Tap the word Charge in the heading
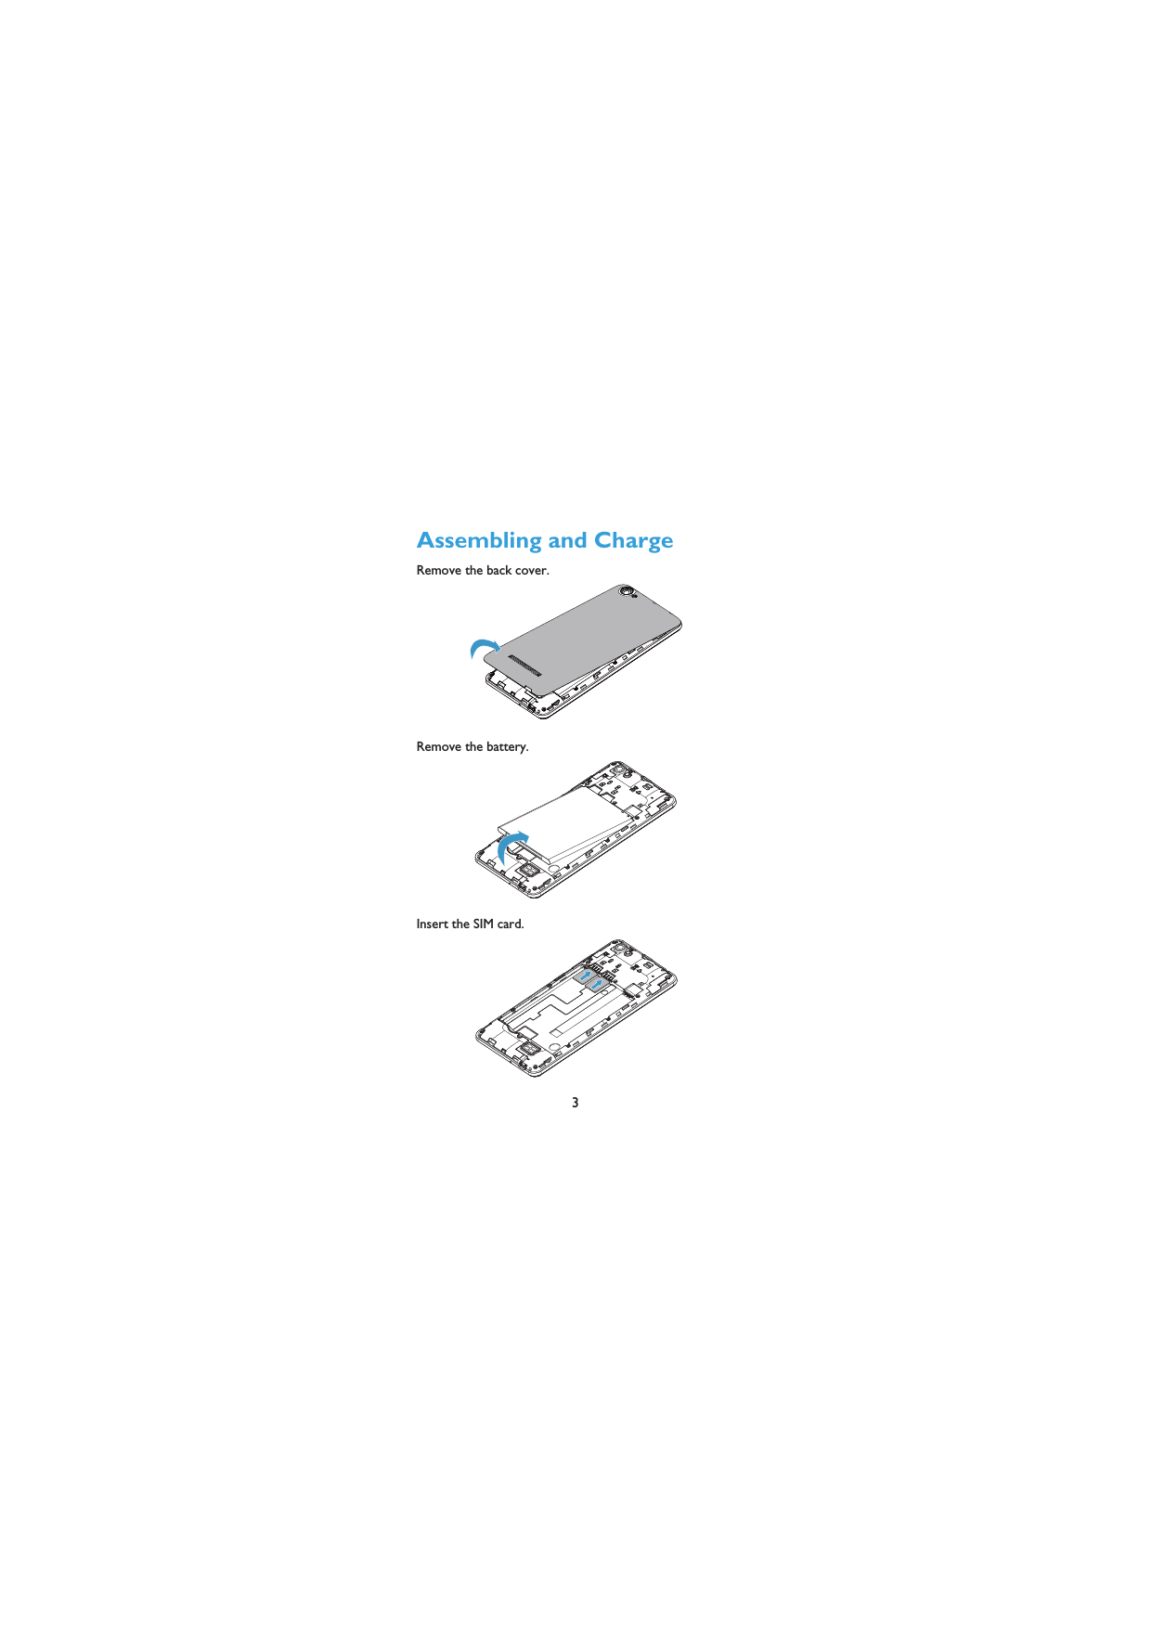(x=633, y=541)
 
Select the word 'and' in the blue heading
(x=567, y=541)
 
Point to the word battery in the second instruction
(x=507, y=747)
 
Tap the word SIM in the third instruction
(x=483, y=924)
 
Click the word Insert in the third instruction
(x=432, y=924)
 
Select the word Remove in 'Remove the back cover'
(x=438, y=571)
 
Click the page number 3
(x=576, y=1103)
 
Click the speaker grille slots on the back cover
(x=524, y=665)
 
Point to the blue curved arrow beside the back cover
(x=483, y=647)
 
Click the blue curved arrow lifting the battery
(x=511, y=845)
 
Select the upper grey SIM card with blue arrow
(x=585, y=976)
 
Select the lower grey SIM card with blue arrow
(x=597, y=985)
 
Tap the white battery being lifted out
(x=566, y=821)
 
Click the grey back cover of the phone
(x=585, y=640)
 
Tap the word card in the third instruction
(x=510, y=924)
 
